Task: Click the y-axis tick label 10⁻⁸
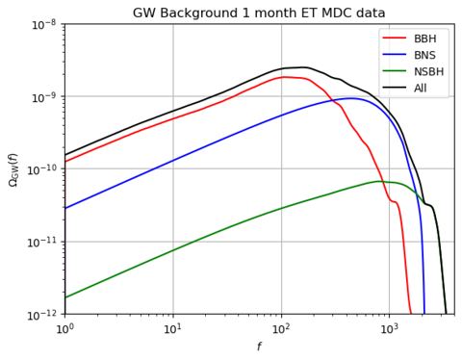coord(43,24)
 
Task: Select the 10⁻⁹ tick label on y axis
coord(43,96)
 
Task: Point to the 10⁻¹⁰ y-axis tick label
coord(41,169)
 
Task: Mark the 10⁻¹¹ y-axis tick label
coord(41,242)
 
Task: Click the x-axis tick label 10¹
coord(173,329)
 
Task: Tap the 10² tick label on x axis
coord(281,329)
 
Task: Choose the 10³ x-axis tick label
coord(389,329)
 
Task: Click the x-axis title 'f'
coord(258,347)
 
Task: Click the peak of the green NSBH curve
coord(381,181)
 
